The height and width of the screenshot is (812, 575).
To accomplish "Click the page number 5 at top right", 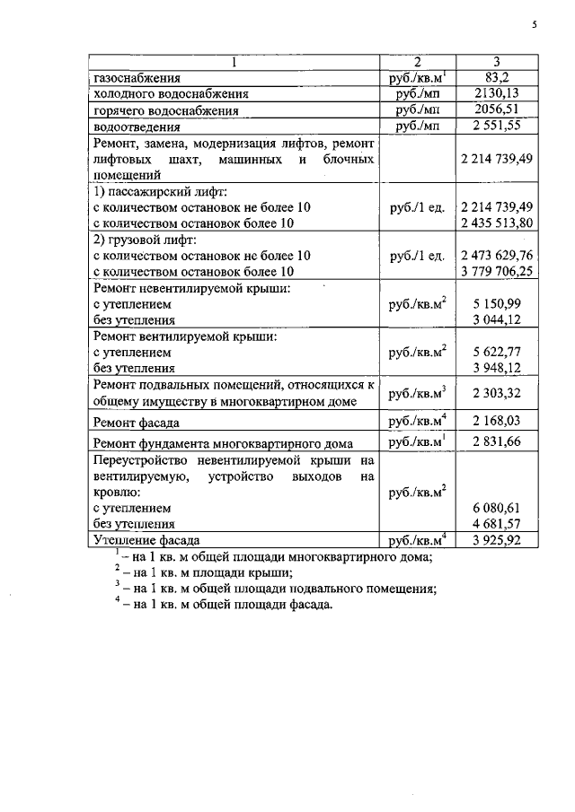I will [x=534, y=25].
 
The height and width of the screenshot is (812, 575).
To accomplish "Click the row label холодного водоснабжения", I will [x=165, y=93].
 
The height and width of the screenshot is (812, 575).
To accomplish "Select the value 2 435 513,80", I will [x=496, y=222].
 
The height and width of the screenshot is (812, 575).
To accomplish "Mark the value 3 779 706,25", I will [x=496, y=270].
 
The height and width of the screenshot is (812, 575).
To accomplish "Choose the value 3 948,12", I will [x=496, y=367].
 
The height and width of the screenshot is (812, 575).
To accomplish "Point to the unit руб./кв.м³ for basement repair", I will [x=417, y=393].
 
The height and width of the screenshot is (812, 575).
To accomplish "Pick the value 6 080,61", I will [x=496, y=507].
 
